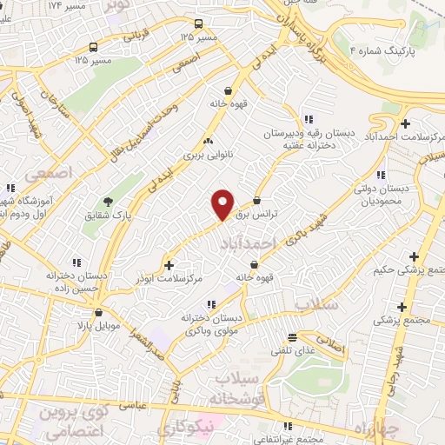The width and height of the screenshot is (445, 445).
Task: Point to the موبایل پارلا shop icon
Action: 98,312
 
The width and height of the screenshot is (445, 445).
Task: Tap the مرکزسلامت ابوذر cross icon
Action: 169,264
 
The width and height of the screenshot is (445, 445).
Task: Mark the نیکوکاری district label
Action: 187,429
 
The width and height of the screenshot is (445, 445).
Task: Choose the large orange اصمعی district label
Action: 45,175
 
